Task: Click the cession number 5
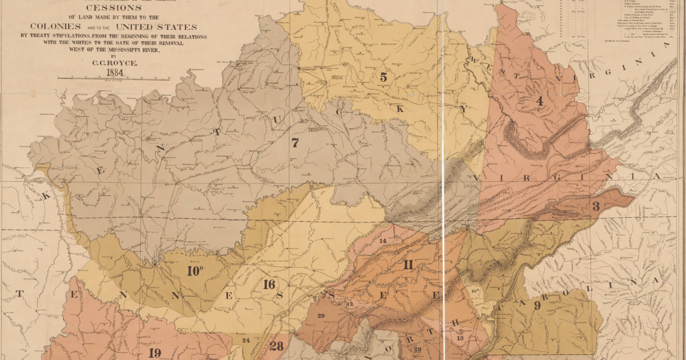pos(383,77)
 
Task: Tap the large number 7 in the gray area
pos(295,143)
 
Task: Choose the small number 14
pos(383,241)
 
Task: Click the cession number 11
pos(408,265)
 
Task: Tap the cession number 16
pos(269,285)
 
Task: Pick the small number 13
pos(460,338)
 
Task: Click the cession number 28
pos(276,346)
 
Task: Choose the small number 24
pos(246,341)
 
